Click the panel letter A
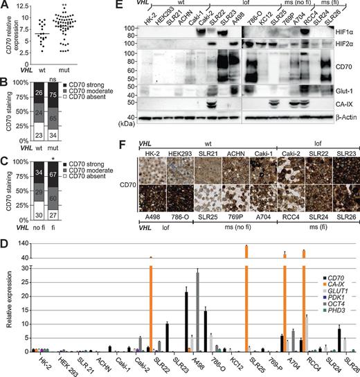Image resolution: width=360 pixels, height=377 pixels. (x=6, y=6)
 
